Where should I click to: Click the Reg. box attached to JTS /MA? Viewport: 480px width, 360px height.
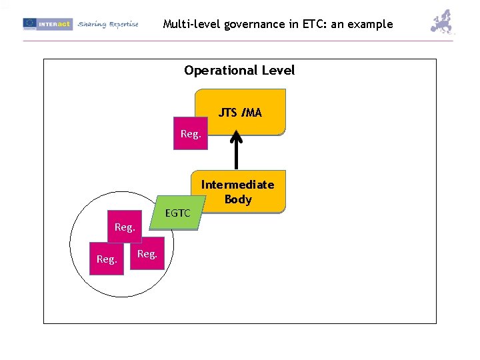pos(190,134)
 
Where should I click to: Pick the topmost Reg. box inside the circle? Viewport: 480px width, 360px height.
pos(125,227)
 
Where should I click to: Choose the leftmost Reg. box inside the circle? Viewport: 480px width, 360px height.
pos(107,259)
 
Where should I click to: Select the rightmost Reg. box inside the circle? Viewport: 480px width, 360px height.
pos(146,254)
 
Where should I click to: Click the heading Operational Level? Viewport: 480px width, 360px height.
pos(239,71)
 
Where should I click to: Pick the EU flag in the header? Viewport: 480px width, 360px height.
pos(29,24)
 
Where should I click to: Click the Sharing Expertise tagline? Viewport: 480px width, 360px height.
pos(108,24)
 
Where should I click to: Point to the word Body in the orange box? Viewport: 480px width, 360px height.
pos(238,199)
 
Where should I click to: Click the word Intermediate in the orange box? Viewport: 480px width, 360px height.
pos(237,185)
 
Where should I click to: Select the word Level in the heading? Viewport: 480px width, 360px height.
pos(278,71)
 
